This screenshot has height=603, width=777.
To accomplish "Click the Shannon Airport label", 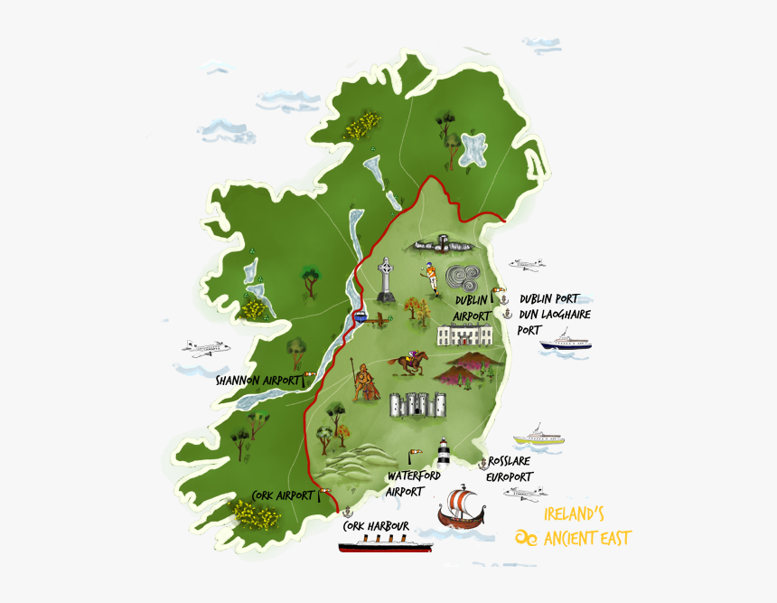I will point(257,381).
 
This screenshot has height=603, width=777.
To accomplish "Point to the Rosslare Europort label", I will point(510,468).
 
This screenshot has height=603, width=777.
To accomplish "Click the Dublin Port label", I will point(548,299).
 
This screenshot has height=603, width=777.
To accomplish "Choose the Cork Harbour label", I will point(376,526).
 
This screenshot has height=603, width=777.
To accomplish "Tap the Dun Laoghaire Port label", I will point(552,322).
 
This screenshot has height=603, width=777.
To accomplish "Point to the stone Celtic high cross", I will point(387,279).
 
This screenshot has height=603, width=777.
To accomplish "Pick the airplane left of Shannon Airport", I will point(205,347).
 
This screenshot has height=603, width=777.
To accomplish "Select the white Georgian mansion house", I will point(465,335).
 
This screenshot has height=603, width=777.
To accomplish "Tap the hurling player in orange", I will point(431,278).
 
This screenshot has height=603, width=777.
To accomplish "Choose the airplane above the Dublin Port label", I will point(527,264).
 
